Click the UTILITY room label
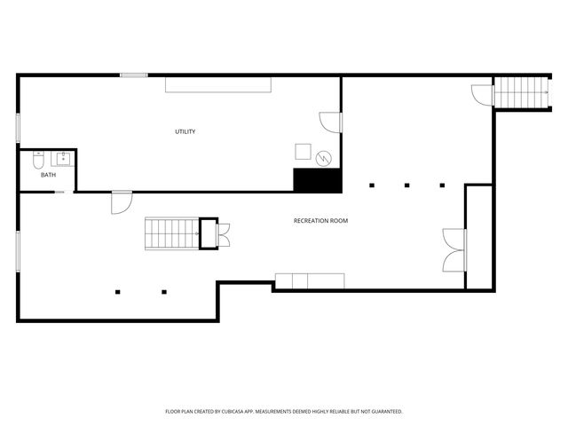185,132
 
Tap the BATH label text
48,175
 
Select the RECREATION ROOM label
320,220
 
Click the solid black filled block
318,180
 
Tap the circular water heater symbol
325,158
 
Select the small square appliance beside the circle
304,151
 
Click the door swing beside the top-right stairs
481,95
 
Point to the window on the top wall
134,75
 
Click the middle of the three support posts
406,185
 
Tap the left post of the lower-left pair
118,291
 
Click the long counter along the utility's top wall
218,83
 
